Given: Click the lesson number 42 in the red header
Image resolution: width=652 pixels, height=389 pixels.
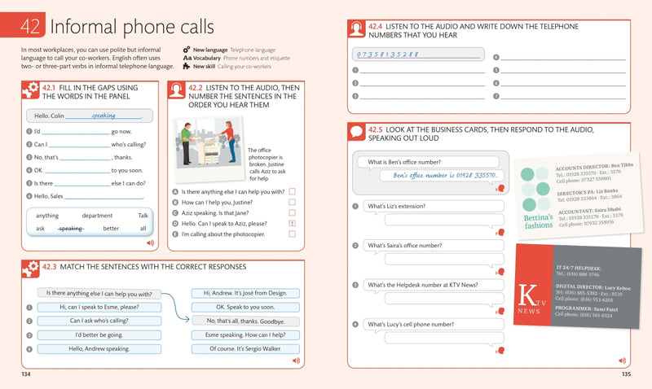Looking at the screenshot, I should tap(30, 27).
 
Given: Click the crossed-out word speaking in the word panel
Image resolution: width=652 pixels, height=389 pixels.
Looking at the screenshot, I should tap(70, 229).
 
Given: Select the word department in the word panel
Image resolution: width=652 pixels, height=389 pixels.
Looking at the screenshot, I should tap(97, 216).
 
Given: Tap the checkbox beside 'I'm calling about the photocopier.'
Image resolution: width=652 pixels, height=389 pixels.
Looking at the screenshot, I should tap(292, 234).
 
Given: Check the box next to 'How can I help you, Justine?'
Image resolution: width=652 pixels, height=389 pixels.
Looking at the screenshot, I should tap(292, 202).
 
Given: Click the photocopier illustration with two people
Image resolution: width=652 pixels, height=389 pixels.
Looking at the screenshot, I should tap(209, 146).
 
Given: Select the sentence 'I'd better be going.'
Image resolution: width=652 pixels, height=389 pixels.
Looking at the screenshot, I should tap(98, 334).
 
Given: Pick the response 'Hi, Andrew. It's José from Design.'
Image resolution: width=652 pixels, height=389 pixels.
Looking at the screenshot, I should tap(245, 293).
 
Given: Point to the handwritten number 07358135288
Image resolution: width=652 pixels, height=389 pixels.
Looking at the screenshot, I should tap(388, 55).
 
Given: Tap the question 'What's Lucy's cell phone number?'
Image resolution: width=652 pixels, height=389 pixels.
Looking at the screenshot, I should tap(410, 325).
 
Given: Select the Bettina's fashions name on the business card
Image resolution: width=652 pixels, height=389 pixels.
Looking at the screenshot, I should tap(538, 221).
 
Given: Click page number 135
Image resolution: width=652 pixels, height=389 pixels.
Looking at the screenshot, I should tap(624, 374).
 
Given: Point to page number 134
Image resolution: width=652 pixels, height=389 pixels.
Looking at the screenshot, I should tap(26, 374).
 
